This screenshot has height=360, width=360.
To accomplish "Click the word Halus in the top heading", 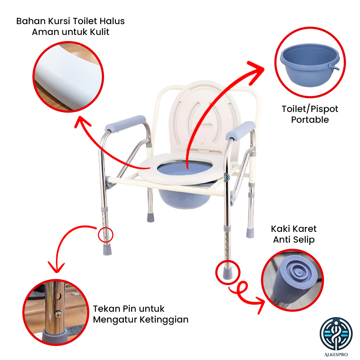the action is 112,21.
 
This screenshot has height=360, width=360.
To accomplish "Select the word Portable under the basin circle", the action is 310,120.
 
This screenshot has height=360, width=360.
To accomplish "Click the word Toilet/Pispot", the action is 310,109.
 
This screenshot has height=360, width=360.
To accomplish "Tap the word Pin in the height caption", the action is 129,309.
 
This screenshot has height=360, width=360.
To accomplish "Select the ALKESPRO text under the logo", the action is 336,355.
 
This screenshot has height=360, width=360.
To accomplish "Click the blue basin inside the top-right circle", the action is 310,65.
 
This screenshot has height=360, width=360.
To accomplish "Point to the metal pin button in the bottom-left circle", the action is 58,314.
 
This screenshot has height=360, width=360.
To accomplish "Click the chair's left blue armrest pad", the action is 125,124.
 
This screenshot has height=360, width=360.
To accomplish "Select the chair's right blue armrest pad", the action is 240,131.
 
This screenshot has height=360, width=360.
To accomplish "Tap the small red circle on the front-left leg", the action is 105,235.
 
